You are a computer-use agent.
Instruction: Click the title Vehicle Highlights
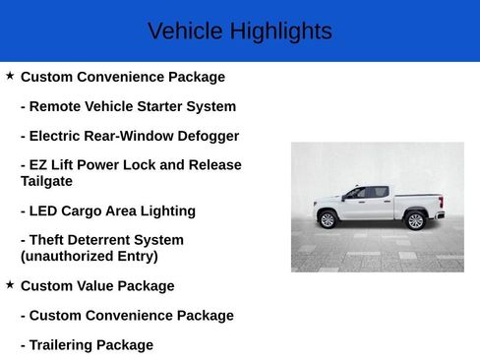pos(239,31)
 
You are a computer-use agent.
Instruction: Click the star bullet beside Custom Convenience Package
pos(10,75)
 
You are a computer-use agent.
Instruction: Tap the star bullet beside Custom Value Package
pos(10,284)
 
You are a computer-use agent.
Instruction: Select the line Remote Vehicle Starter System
pos(128,106)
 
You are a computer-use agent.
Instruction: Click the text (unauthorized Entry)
pos(89,256)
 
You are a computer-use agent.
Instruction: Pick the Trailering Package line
pos(87,345)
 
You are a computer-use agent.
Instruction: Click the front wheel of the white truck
pos(328,219)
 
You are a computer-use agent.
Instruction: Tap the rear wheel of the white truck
pos(415,219)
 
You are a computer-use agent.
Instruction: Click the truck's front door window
pos(356,193)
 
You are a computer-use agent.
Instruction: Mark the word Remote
pos(55,106)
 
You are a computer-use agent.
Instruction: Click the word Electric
pos(58,136)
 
